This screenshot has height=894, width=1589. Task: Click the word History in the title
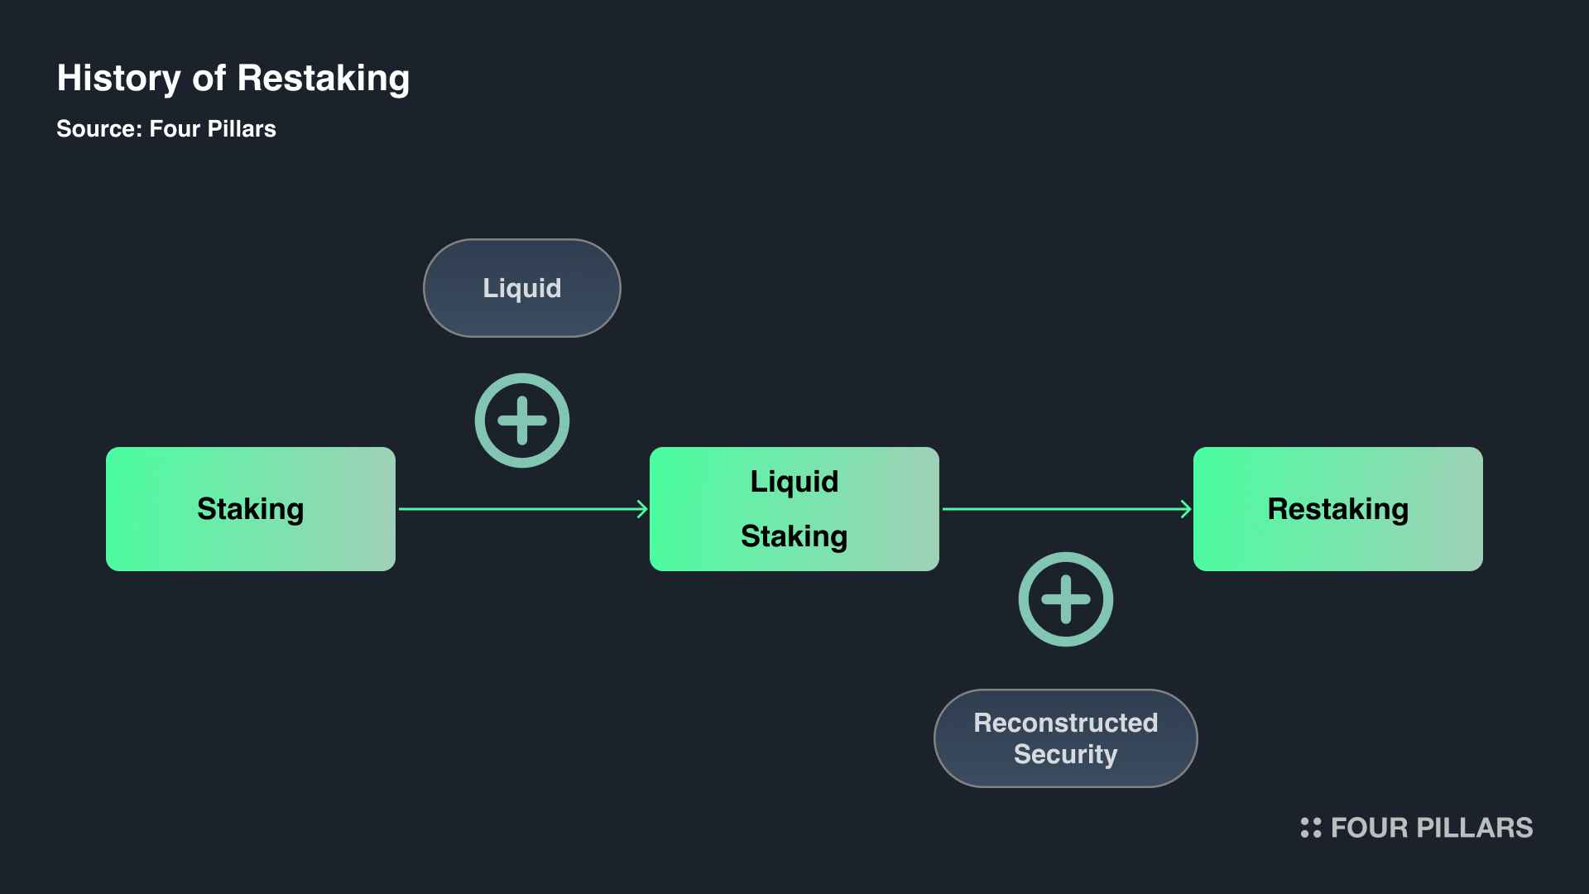(118, 79)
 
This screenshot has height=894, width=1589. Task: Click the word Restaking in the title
(323, 79)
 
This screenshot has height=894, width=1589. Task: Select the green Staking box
(250, 509)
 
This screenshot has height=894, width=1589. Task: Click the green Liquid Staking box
(794, 509)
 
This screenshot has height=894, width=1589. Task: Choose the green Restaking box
(1337, 509)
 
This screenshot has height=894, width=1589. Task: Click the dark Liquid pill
(521, 288)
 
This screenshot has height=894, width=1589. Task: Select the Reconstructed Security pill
(1065, 738)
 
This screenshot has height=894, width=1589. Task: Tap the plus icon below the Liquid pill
(521, 421)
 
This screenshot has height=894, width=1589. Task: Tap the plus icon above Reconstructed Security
(1065, 599)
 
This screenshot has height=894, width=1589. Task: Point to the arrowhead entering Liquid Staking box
(642, 509)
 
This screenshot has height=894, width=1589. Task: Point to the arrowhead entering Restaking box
(1186, 509)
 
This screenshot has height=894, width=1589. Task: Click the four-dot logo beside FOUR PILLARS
(1311, 828)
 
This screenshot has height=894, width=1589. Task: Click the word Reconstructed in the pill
(1065, 723)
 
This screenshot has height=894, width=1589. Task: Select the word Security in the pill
(1065, 754)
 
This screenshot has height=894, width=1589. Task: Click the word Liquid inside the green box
(794, 482)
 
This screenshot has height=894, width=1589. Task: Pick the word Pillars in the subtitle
(242, 129)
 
